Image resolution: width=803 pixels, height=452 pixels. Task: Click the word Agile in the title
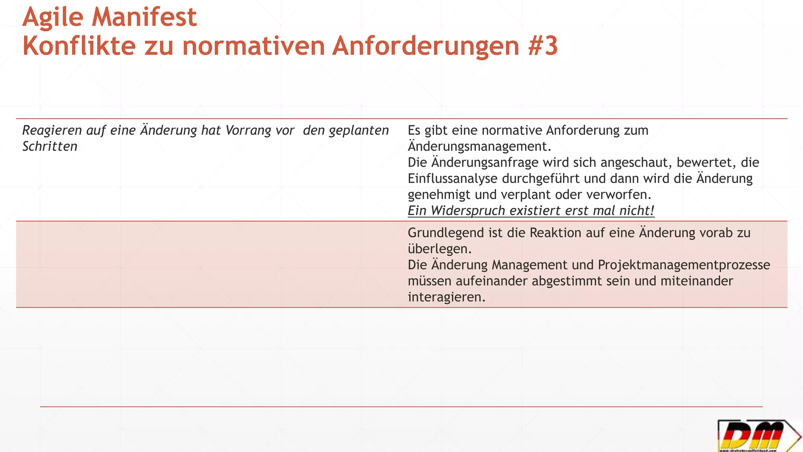(53, 18)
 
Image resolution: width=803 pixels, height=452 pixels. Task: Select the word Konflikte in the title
(79, 46)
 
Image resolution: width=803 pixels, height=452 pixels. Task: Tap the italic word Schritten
(50, 146)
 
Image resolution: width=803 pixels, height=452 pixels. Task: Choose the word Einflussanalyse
(452, 179)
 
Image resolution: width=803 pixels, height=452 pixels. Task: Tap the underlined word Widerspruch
(468, 211)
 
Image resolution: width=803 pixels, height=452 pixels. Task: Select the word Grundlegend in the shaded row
(446, 233)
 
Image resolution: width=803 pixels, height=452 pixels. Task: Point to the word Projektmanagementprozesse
(684, 265)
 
